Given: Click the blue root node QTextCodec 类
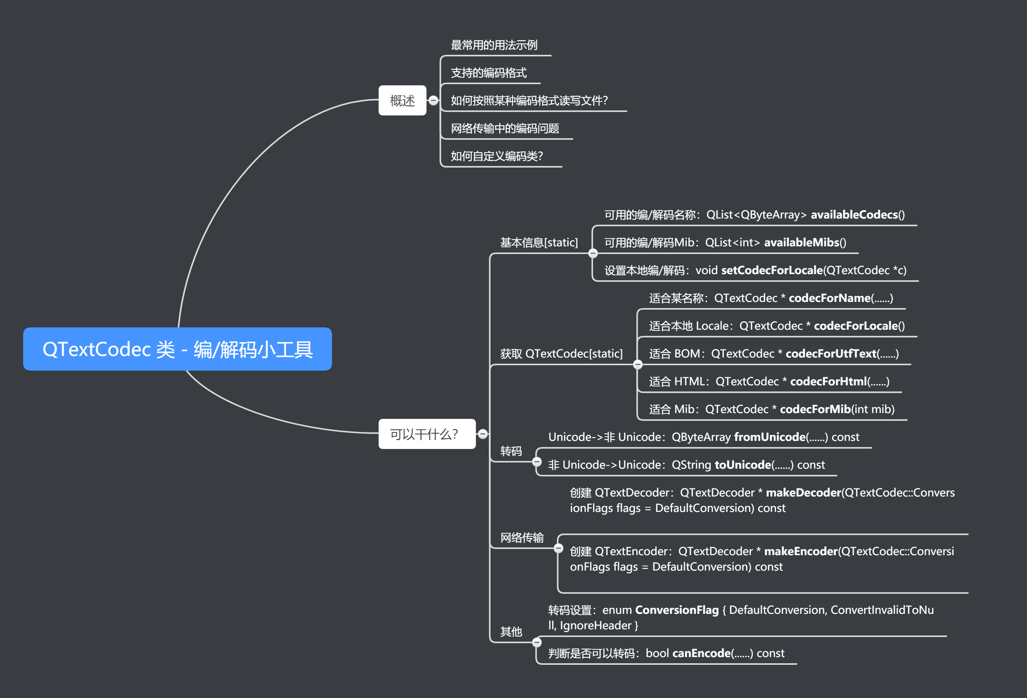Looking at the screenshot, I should [177, 349].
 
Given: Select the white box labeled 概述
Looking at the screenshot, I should [402, 101].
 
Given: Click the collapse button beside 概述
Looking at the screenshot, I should [434, 101].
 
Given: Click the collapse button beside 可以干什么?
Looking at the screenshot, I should [483, 434].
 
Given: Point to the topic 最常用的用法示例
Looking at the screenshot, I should [493, 45].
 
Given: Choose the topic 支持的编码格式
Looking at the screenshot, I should [488, 73].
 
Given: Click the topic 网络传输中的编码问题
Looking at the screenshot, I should [505, 129].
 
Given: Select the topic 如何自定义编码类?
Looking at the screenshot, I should [496, 156].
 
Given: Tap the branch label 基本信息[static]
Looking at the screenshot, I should [539, 242].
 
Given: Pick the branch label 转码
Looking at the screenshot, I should [511, 451].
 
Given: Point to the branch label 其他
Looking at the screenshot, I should [511, 632].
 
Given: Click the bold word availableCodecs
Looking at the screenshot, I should [854, 215].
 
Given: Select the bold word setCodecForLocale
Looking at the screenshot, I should [771, 270].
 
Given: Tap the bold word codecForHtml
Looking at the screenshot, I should [828, 381].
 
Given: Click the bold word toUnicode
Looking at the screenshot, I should [742, 465].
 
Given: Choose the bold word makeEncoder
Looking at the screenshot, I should [801, 551].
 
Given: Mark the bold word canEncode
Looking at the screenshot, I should [701, 653].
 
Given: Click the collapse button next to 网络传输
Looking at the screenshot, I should [559, 548].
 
